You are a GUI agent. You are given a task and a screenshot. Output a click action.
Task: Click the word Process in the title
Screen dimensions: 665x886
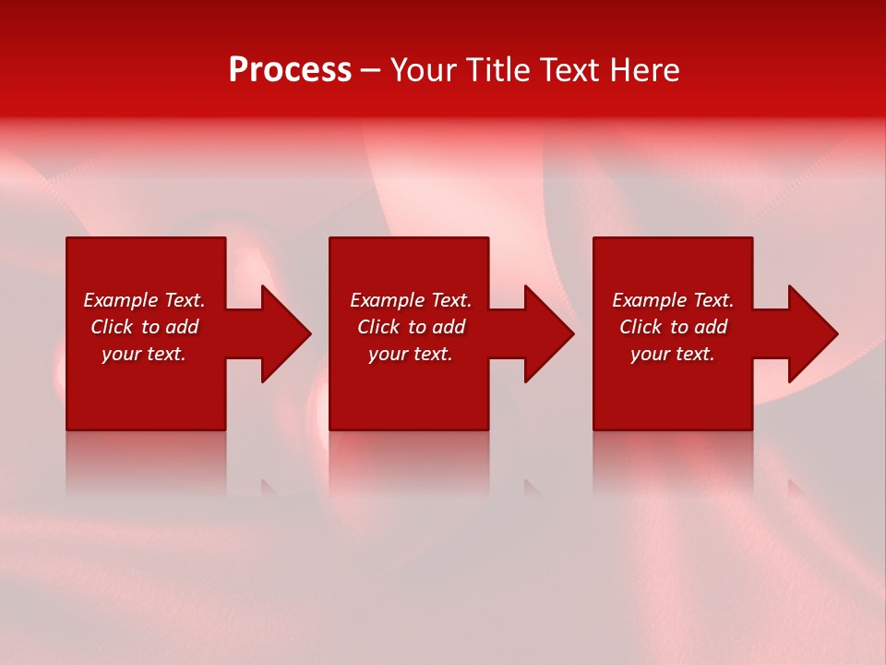(x=290, y=70)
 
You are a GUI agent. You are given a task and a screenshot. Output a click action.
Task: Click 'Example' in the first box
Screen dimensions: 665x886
(x=121, y=300)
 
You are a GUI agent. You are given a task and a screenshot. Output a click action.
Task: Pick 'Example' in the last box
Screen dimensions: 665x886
(x=650, y=300)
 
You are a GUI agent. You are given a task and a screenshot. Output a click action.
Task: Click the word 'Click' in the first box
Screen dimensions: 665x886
(x=112, y=327)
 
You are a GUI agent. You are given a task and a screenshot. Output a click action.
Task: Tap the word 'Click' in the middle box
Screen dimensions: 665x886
(x=378, y=327)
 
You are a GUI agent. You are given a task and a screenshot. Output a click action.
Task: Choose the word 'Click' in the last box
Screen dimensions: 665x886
(x=641, y=327)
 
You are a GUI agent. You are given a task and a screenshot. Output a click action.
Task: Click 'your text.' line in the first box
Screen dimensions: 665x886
(x=144, y=354)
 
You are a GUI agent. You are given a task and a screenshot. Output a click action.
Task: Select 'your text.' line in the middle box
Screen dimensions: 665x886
(x=411, y=354)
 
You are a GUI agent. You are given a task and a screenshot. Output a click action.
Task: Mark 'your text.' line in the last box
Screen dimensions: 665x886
(x=673, y=354)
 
